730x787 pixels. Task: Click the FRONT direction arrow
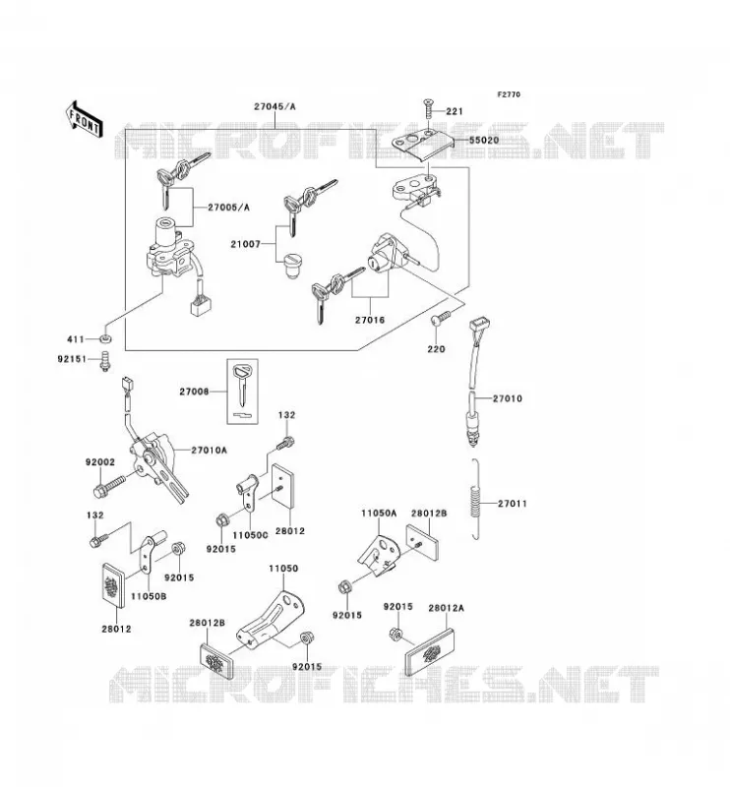click(85, 119)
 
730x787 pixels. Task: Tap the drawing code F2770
click(509, 94)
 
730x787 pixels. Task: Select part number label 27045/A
click(274, 106)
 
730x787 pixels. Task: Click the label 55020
click(484, 140)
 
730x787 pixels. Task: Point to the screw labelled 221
click(427, 108)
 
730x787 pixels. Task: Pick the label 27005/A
click(228, 208)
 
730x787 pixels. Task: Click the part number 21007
click(246, 244)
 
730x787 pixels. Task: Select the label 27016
click(370, 320)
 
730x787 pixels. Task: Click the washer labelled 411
click(105, 338)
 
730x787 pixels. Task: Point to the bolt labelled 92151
click(105, 361)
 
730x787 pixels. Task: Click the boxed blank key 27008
click(242, 391)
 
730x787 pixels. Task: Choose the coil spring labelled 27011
click(476, 499)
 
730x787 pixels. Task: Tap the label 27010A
click(209, 451)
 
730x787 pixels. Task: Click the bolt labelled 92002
click(110, 485)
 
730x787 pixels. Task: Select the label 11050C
click(250, 535)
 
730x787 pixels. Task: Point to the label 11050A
click(379, 513)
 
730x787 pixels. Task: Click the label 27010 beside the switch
click(507, 398)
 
